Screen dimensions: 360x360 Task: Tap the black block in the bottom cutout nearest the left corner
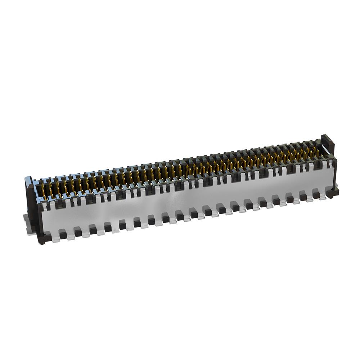(x=63, y=235)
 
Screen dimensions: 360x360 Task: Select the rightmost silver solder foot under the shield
(x=324, y=198)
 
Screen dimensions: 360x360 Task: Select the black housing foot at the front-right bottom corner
(x=333, y=192)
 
